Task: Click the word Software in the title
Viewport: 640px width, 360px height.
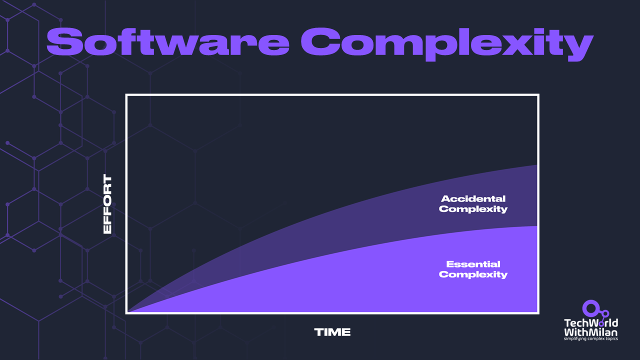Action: [167, 42]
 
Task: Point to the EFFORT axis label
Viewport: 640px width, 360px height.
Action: [107, 204]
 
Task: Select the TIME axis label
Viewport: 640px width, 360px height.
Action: [332, 332]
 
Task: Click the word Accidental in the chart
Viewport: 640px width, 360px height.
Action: [473, 198]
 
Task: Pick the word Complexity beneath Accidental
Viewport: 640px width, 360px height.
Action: [473, 209]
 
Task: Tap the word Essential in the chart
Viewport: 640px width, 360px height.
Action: [473, 264]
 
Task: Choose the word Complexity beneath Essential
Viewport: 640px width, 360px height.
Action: [473, 274]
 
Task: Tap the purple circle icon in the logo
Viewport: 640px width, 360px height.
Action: [590, 307]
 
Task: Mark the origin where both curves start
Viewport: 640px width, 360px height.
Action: [128, 312]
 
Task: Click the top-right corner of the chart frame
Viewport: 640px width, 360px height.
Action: [538, 95]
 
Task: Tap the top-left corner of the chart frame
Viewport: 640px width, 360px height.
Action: [127, 95]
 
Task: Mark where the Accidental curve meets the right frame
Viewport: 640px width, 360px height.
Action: [537, 165]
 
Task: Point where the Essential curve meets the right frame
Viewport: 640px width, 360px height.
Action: [537, 226]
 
